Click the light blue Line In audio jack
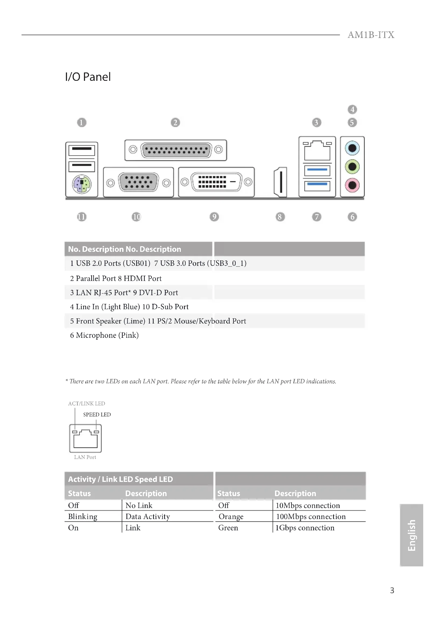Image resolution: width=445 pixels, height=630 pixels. (x=352, y=148)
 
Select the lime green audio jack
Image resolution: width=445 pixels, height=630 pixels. (x=352, y=166)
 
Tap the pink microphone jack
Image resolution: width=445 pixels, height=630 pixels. (x=352, y=185)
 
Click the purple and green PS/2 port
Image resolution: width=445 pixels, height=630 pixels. (x=82, y=184)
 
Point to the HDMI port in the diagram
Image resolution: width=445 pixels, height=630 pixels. (x=281, y=182)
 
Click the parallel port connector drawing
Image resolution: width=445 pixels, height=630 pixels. (x=176, y=150)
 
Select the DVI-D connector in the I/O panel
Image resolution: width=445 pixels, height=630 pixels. (x=216, y=182)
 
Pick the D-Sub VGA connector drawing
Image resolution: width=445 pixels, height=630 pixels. (x=138, y=182)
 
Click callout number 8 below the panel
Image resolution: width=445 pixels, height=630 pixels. (x=280, y=217)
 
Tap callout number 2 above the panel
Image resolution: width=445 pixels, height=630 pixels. (x=175, y=122)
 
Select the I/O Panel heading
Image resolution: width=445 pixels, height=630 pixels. (x=88, y=77)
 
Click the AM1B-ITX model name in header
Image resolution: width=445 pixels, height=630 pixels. (x=371, y=35)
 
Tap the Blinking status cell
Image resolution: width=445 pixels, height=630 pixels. (x=83, y=516)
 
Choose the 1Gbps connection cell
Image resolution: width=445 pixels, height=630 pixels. (x=305, y=528)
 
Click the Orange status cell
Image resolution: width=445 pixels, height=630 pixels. (x=231, y=516)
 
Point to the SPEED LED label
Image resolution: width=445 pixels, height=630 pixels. (x=97, y=415)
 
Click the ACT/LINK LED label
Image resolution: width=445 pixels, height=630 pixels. (x=87, y=403)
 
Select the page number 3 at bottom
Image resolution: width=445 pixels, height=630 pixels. (x=392, y=590)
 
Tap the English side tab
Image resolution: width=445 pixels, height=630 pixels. (x=412, y=535)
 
